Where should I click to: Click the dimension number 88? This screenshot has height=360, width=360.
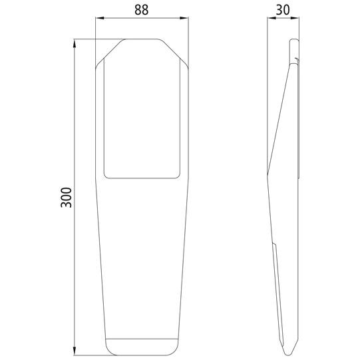[x=142, y=10]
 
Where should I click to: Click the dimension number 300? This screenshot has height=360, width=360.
[x=66, y=198]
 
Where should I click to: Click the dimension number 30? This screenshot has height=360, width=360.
[x=283, y=10]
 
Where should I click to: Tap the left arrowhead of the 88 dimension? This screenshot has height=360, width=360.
[x=100, y=18]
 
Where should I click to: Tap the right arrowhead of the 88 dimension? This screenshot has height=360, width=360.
[x=184, y=18]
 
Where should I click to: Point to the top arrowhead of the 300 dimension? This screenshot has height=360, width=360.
[x=75, y=44]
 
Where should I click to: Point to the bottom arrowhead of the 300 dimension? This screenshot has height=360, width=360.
[x=75, y=351]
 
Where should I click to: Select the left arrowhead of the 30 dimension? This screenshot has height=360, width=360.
[x=271, y=18]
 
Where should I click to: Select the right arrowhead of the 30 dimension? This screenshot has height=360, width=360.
[x=295, y=18]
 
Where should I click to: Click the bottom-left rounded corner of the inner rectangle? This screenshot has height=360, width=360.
[x=105, y=176]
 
